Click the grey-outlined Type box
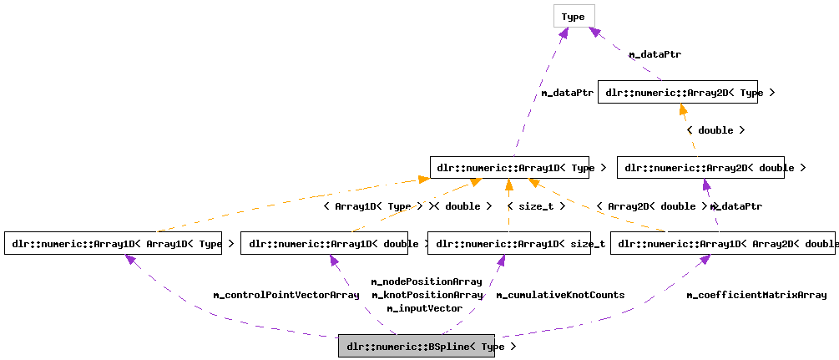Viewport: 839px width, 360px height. [x=574, y=17]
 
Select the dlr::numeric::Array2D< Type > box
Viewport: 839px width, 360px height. [x=690, y=93]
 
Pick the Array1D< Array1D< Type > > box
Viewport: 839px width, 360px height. [x=119, y=244]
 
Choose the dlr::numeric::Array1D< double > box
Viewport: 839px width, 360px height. [x=334, y=244]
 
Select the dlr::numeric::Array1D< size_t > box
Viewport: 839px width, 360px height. [x=509, y=244]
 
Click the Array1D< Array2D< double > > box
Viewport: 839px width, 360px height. [x=722, y=244]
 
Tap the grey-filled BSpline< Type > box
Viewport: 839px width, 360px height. [x=417, y=347]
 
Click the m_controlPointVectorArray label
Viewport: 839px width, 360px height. [x=286, y=295]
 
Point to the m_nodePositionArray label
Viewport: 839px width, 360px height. [x=427, y=281]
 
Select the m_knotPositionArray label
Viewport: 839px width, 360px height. [x=427, y=295]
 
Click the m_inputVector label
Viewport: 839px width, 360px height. [x=424, y=308]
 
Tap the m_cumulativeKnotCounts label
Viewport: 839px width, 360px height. [x=560, y=295]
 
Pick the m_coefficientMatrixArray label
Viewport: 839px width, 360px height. [x=756, y=295]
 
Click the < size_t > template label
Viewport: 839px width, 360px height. [x=536, y=205]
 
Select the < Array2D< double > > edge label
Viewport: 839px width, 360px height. [x=652, y=205]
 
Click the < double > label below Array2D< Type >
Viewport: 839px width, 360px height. [x=715, y=130]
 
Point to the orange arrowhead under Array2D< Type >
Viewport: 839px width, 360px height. [x=683, y=109]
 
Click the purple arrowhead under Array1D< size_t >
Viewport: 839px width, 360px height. [x=501, y=261]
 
